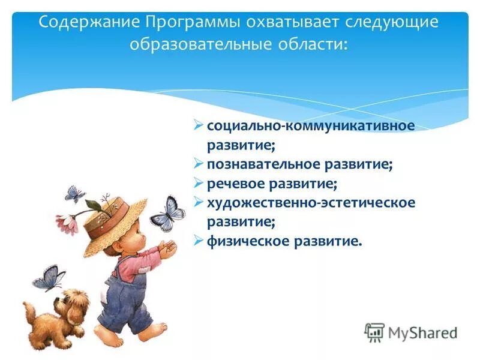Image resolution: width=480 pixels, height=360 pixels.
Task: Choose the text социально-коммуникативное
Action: coord(311,126)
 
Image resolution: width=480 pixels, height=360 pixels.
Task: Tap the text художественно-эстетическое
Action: coord(311,203)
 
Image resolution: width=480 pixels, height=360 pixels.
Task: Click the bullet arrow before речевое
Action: coord(199,183)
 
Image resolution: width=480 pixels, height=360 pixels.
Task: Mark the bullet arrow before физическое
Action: coord(199,241)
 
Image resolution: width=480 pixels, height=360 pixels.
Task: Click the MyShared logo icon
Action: coord(374,332)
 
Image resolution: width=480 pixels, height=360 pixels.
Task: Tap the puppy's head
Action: coord(71,302)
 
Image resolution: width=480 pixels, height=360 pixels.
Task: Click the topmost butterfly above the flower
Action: coord(75,194)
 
